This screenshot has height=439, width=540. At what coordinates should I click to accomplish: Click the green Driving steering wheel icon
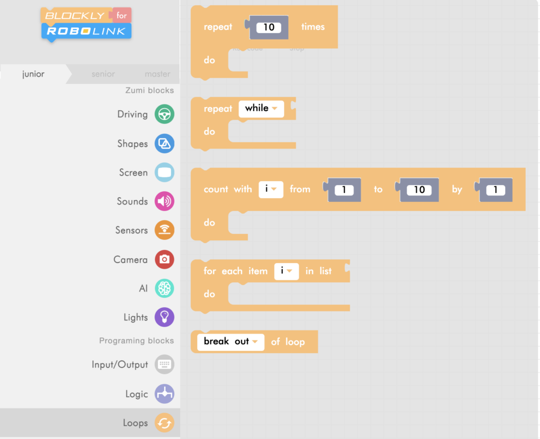pos(165,114)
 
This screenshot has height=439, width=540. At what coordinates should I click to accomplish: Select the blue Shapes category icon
pos(165,143)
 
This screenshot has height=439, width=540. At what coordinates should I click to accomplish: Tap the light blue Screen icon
pos(165,172)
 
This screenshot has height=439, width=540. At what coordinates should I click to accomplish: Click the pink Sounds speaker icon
pos(165,201)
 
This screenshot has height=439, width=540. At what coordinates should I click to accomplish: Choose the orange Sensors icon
pos(165,230)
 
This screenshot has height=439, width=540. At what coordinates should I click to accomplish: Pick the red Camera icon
pos(165,259)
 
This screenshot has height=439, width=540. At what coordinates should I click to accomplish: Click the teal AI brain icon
pos(165,288)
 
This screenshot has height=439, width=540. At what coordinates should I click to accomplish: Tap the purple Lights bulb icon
pos(165,317)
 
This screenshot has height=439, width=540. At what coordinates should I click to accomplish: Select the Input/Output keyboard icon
pos(165,365)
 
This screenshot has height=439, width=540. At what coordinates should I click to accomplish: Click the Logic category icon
pos(165,394)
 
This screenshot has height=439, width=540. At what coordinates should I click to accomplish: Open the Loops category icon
pos(165,423)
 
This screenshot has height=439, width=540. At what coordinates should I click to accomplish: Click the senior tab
pos(103,74)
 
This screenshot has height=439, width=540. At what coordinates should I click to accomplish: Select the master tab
pos(157,74)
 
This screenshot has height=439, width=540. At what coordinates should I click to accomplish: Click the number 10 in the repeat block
pos(269,27)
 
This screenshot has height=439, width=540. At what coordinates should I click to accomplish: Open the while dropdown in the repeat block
pos(261,109)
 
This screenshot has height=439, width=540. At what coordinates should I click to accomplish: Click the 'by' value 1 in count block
pos(495,190)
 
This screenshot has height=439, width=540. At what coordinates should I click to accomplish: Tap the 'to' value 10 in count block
pos(419,190)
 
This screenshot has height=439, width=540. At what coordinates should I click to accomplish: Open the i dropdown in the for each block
pos(286,271)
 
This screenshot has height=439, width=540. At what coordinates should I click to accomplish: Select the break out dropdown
pos(230,342)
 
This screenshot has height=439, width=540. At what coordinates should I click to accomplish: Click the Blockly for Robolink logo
pos(86,24)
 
